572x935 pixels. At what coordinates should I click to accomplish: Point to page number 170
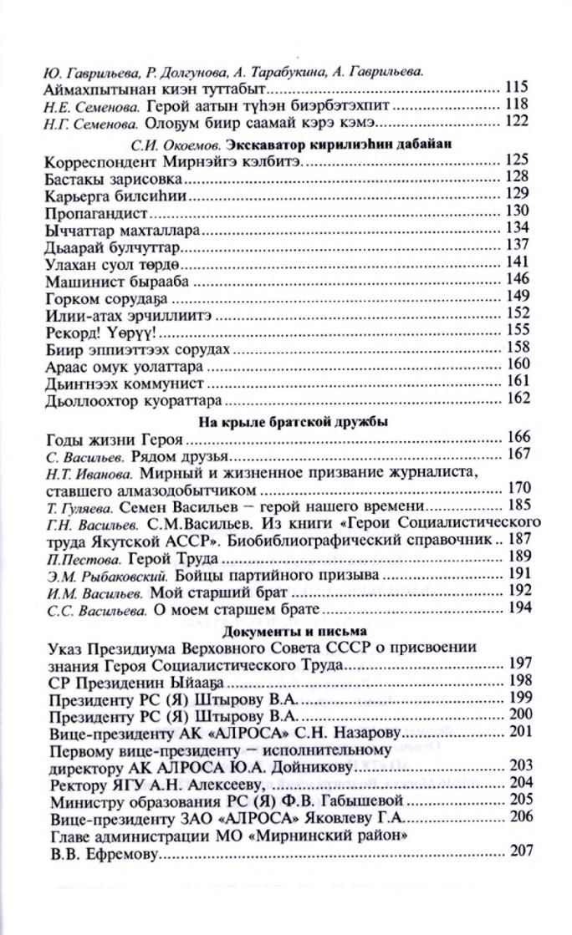tap(518, 489)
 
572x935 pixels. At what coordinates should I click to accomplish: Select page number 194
tap(518, 610)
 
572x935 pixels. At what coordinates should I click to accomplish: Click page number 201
tap(518, 733)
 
